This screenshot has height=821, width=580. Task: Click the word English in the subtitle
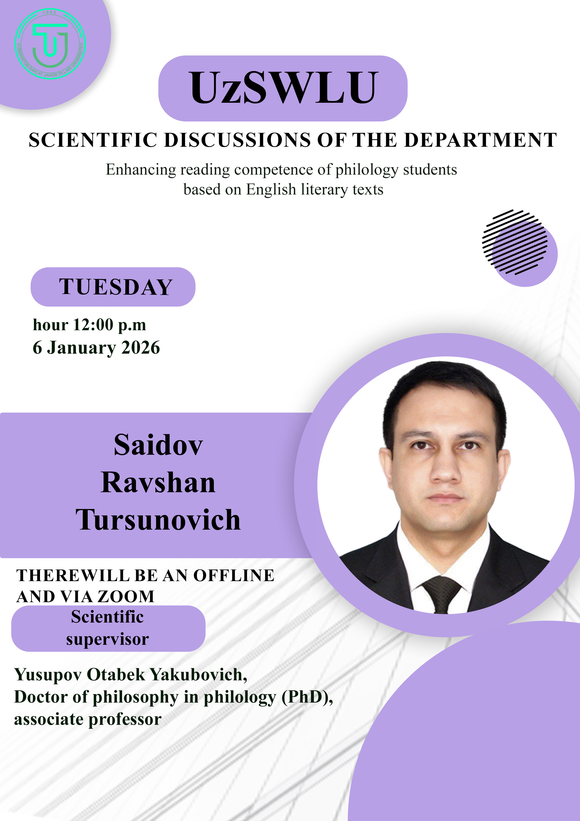(x=271, y=190)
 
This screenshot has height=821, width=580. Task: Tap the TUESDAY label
(x=116, y=287)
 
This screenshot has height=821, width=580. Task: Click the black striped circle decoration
(x=515, y=242)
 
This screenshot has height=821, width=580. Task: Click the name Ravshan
(x=158, y=483)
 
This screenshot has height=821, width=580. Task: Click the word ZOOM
(x=126, y=596)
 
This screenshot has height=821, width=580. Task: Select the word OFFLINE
(x=234, y=575)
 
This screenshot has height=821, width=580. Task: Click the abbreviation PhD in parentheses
(x=307, y=697)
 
